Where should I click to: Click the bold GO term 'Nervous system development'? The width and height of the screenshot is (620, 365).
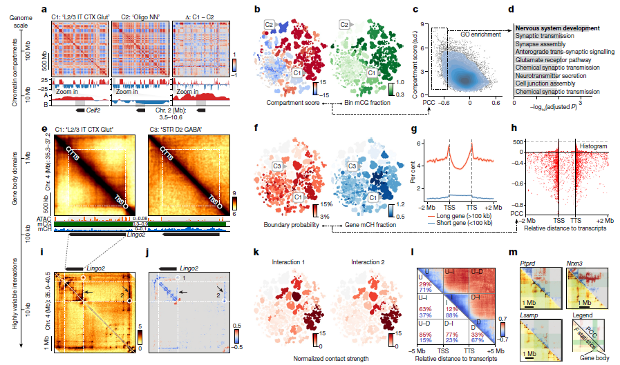pos(556,28)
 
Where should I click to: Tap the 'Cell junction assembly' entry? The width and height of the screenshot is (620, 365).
pos(545,83)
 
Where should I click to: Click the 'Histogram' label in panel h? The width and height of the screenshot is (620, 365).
pos(596,148)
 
